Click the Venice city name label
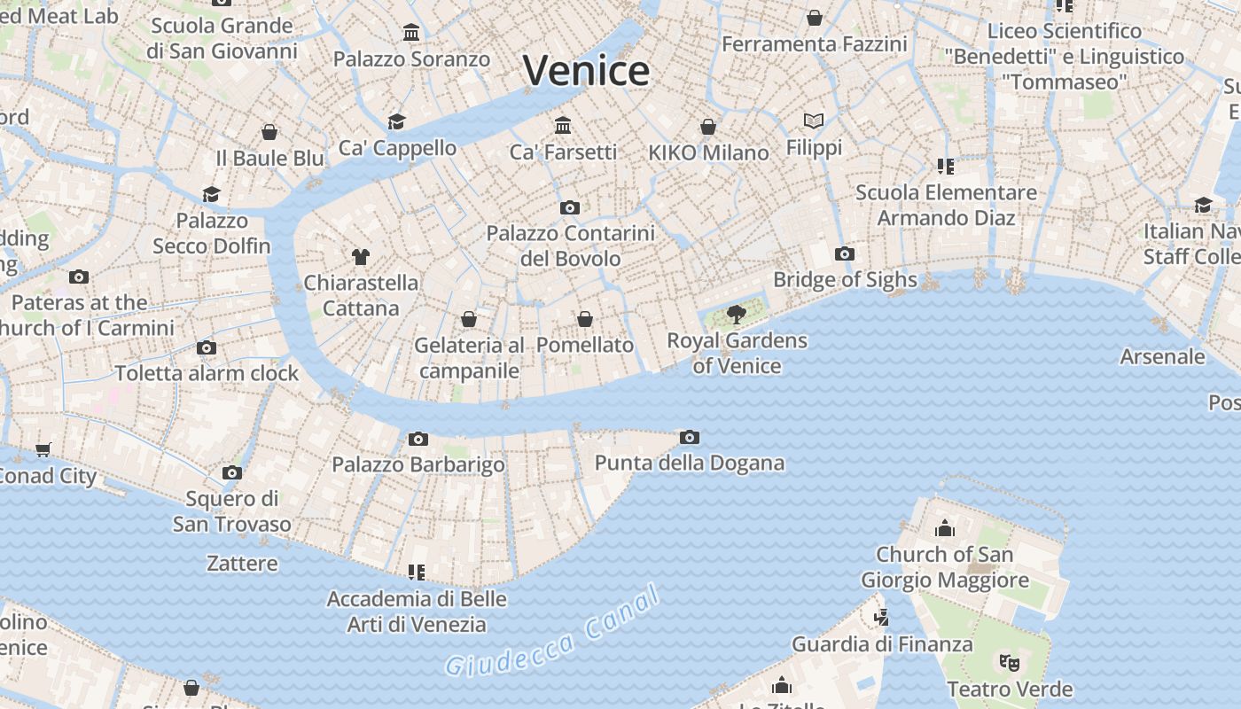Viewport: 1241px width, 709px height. pyautogui.click(x=586, y=71)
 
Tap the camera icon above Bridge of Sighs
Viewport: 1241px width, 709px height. pyautogui.click(x=845, y=254)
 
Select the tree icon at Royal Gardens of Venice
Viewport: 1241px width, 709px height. pyautogui.click(x=736, y=314)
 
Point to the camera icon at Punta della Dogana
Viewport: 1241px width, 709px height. pyautogui.click(x=690, y=437)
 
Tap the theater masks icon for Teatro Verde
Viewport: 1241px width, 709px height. pyautogui.click(x=1010, y=662)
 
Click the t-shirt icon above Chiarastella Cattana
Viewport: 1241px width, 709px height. pyautogui.click(x=360, y=257)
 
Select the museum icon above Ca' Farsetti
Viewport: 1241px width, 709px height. pyautogui.click(x=563, y=125)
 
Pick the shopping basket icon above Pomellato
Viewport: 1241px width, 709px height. pyautogui.click(x=585, y=319)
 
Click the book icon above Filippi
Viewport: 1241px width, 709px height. pyautogui.click(x=814, y=121)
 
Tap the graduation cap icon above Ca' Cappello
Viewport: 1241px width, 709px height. pyautogui.click(x=396, y=121)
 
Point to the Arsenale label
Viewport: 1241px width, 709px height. pyautogui.click(x=1162, y=357)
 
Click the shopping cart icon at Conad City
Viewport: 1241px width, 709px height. pyautogui.click(x=43, y=450)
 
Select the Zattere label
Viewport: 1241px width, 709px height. pyautogui.click(x=242, y=564)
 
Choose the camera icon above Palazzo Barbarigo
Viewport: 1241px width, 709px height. pyautogui.click(x=418, y=439)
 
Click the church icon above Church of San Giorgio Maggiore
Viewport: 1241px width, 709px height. pyautogui.click(x=945, y=529)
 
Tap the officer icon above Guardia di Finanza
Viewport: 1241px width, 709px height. pyautogui.click(x=880, y=618)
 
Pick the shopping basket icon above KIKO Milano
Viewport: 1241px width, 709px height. pyautogui.click(x=708, y=127)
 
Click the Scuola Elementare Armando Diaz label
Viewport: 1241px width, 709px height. pyautogui.click(x=946, y=205)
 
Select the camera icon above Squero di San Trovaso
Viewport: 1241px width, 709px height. pyautogui.click(x=232, y=472)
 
